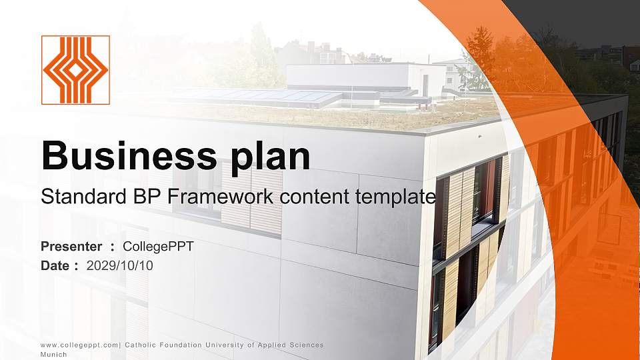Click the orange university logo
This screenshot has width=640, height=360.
[x=75, y=70]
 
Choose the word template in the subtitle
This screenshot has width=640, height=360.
[x=398, y=197]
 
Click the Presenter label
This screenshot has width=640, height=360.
[x=71, y=247]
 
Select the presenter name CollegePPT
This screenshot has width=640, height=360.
[x=159, y=247]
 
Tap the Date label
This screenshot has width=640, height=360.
[x=55, y=265]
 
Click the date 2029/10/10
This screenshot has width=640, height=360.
[x=120, y=265]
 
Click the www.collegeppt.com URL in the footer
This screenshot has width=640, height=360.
[x=80, y=345]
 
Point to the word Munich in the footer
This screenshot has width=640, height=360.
[x=54, y=355]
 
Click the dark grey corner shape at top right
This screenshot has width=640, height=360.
[x=587, y=20]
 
